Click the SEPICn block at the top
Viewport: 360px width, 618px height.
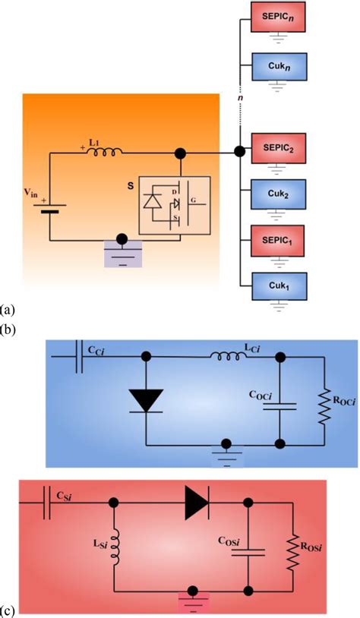pos(277,17)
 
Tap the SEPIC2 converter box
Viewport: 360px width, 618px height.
pos(277,149)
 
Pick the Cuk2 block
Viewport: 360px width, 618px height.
pos(279,194)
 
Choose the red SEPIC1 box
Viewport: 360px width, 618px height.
pos(277,240)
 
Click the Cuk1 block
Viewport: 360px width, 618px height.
pos(279,285)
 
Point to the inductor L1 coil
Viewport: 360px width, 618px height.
pos(105,151)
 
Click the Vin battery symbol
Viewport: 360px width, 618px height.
pos(49,208)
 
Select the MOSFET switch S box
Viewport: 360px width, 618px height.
pos(174,205)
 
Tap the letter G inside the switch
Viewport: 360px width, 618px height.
pos(193,200)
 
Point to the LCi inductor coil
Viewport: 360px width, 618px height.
pos(229,356)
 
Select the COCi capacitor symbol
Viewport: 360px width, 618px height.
pos(279,406)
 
